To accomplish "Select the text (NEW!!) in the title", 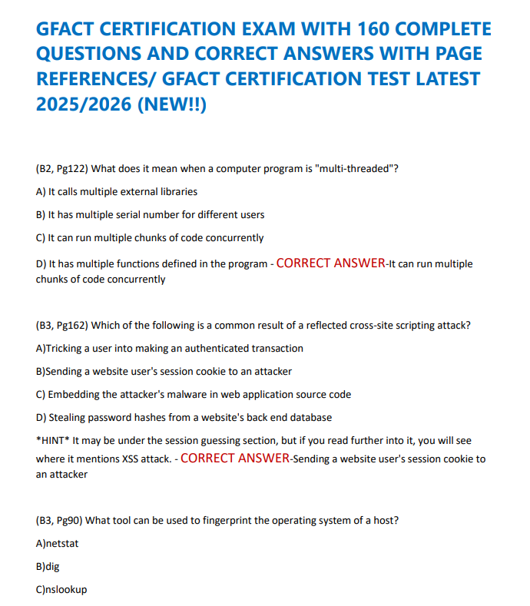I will coord(171,103).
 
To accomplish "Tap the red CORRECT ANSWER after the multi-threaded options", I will coord(330,263).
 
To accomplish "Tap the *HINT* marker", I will coord(52,440).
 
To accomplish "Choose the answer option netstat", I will coord(63,543).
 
